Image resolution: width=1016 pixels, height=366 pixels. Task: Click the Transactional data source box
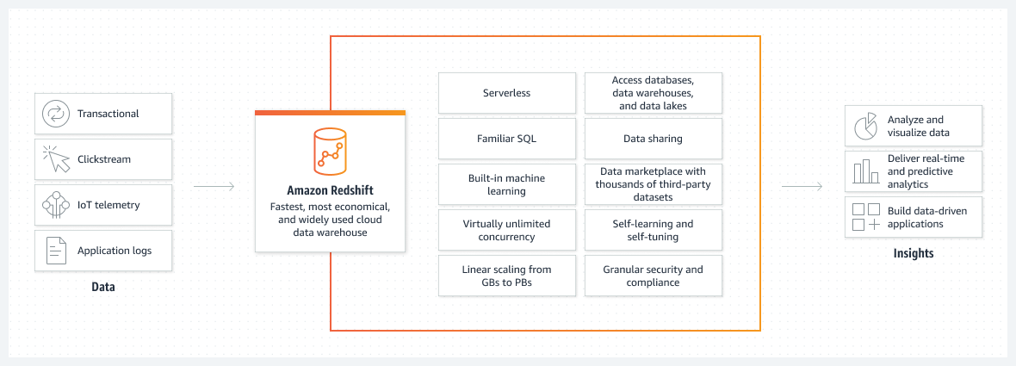click(x=103, y=114)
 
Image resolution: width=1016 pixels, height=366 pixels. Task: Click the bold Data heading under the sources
click(x=103, y=287)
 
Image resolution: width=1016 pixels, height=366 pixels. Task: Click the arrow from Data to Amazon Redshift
click(x=214, y=186)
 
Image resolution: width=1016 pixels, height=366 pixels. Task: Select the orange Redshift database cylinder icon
click(x=330, y=151)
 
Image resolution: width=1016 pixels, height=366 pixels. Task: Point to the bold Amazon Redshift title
click(x=330, y=190)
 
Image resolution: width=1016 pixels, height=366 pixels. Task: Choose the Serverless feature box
click(x=507, y=93)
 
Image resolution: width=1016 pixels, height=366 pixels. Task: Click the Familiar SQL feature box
click(x=507, y=139)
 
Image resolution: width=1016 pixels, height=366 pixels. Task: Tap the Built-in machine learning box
click(x=507, y=184)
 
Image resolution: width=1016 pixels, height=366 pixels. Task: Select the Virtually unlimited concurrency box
click(x=507, y=230)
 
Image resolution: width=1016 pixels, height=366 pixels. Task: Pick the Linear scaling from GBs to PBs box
click(x=507, y=276)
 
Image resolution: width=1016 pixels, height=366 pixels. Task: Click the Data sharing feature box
click(x=654, y=139)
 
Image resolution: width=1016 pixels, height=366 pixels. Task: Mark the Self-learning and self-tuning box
click(x=654, y=230)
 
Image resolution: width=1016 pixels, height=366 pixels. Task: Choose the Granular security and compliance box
click(x=654, y=276)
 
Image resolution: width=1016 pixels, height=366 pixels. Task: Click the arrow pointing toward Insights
click(x=802, y=186)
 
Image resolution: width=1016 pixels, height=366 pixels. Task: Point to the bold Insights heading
click(x=913, y=253)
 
